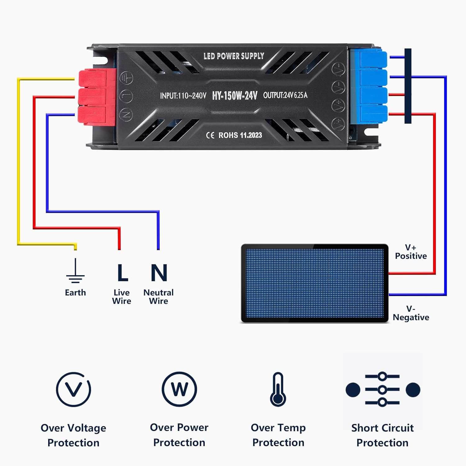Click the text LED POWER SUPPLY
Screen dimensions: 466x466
pyautogui.click(x=234, y=56)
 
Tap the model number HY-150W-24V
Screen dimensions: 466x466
pyautogui.click(x=235, y=95)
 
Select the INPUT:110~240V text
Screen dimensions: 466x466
pyautogui.click(x=183, y=96)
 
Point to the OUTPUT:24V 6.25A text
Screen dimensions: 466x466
pyautogui.click(x=285, y=95)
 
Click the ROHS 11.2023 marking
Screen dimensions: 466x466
pyautogui.click(x=240, y=135)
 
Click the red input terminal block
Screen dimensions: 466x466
pyautogui.click(x=97, y=97)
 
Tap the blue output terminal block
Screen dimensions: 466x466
pyautogui.click(x=369, y=88)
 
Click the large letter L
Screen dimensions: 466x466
pyautogui.click(x=122, y=273)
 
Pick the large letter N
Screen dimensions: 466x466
pyautogui.click(x=159, y=273)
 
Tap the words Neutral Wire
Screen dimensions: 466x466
pyautogui.click(x=158, y=297)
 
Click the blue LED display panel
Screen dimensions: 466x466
pyautogui.click(x=314, y=284)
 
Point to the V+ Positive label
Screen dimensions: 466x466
pyautogui.click(x=411, y=252)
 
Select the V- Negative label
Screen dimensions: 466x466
pyautogui.click(x=411, y=313)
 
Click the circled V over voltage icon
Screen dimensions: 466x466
pyautogui.click(x=74, y=389)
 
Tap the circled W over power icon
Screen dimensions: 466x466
pyautogui.click(x=179, y=389)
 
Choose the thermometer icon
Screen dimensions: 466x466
pyautogui.click(x=278, y=390)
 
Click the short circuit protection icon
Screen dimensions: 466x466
pyautogui.click(x=383, y=390)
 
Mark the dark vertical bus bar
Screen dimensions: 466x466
pyautogui.click(x=408, y=86)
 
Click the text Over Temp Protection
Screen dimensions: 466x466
pyautogui.click(x=278, y=435)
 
